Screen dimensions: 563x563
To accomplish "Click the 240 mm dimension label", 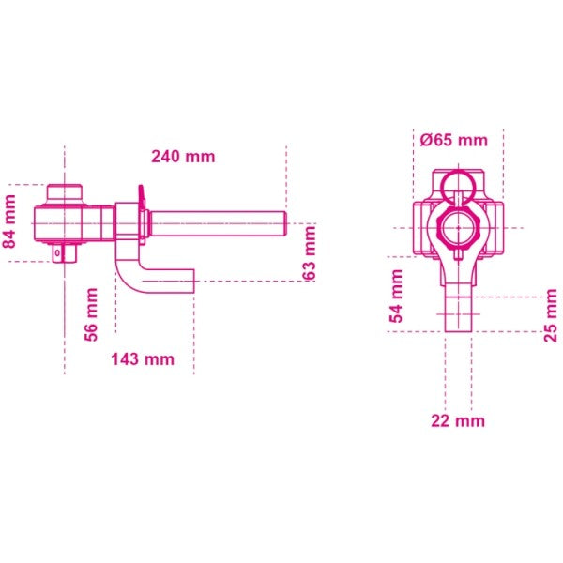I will click(187, 157).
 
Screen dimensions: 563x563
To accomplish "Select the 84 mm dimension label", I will click(10, 221).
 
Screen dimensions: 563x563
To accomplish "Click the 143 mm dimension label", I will click(143, 358).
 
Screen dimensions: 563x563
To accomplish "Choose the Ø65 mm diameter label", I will click(454, 140).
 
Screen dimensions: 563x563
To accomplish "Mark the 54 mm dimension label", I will click(396, 296).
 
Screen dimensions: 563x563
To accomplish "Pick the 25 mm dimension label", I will click(551, 317).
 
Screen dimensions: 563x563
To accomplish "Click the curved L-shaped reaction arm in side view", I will click(131, 272).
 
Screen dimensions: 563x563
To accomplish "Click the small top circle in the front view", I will click(458, 183).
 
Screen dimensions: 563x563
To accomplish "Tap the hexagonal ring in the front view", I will click(458, 228).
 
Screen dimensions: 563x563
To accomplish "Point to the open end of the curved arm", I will click(191, 280).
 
